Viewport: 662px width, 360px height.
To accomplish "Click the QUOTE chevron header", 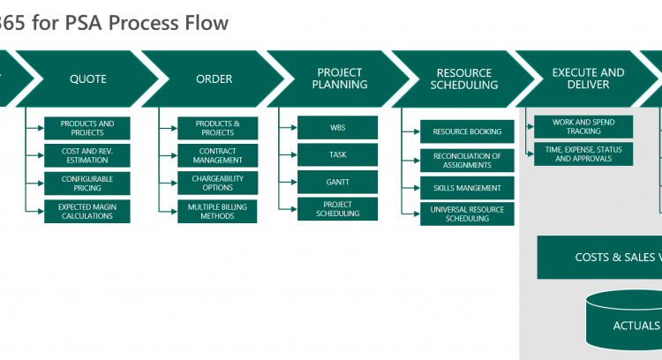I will pyautogui.click(x=87, y=79).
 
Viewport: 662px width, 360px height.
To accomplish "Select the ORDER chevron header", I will pyautogui.click(x=214, y=79).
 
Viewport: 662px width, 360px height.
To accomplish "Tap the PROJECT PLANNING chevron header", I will pyautogui.click(x=341, y=79).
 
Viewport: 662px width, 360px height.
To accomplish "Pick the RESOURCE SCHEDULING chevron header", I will pyautogui.click(x=466, y=79).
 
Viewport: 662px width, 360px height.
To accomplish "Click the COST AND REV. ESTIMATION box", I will pyautogui.click(x=87, y=155).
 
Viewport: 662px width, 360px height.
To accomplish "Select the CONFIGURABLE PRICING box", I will pyautogui.click(x=87, y=184).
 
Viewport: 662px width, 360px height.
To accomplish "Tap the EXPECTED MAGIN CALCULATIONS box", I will pyautogui.click(x=87, y=211).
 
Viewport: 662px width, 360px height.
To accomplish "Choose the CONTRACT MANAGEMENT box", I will pyautogui.click(x=218, y=156).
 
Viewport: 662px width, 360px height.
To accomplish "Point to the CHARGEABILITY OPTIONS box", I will pyautogui.click(x=218, y=184).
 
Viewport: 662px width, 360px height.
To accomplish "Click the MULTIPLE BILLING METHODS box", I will pyautogui.click(x=218, y=211).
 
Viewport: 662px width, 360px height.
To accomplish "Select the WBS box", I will pyautogui.click(x=338, y=128).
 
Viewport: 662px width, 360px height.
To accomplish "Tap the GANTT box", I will pyautogui.click(x=338, y=182).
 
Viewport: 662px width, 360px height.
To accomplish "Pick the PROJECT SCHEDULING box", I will pyautogui.click(x=338, y=209).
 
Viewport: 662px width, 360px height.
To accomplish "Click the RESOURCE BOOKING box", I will pyautogui.click(x=467, y=132).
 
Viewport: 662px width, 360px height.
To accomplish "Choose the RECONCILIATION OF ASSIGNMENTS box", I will pyautogui.click(x=467, y=161).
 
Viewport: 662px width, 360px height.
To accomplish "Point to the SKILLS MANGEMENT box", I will pyautogui.click(x=467, y=188).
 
